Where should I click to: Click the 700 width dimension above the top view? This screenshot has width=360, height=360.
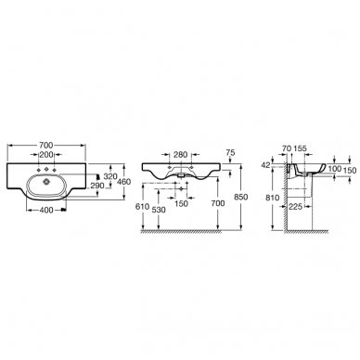46,145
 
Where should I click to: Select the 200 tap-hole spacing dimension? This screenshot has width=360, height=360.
46,154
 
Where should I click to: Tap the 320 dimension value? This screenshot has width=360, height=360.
110,176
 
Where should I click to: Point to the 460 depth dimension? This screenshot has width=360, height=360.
124,182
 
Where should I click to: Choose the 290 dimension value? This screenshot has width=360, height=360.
97,186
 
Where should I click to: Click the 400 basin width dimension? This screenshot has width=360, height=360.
46,211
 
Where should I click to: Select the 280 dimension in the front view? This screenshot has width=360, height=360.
180,154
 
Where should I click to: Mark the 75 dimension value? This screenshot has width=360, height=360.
230,152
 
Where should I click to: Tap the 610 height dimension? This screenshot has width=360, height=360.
142,207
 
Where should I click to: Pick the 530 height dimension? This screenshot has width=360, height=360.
159,210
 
